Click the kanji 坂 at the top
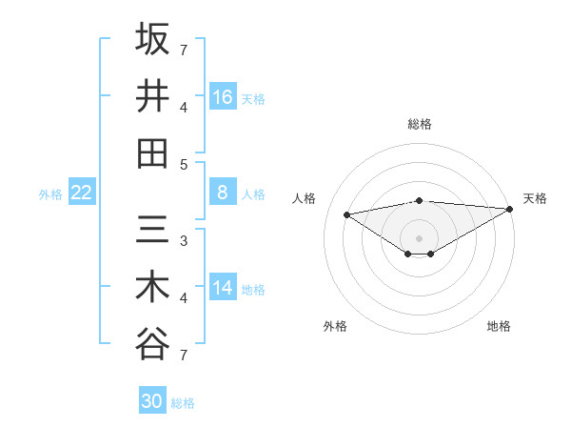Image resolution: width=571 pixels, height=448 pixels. coord(152,40)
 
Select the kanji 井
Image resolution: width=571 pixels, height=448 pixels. coord(152,96)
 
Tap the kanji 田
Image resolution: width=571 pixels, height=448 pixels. coord(152,153)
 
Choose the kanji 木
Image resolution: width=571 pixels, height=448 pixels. coord(152,287)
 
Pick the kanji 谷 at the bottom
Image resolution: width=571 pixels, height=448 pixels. coord(152,344)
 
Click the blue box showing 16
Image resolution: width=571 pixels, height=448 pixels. coord(223,97)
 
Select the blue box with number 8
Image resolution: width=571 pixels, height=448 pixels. coord(223,193)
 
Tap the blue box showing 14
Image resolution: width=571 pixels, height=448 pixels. coord(223,288)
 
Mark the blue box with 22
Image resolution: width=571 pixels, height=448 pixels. coord(82,193)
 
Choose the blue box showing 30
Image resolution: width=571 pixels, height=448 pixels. coord(152,401)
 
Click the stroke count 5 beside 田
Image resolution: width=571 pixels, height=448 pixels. coord(184,164)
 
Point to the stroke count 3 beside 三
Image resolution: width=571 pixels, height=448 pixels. coord(184,240)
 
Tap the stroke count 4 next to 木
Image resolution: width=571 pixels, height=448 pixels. coord(184,298)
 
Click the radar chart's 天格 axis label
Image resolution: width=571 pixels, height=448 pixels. coord(535,198)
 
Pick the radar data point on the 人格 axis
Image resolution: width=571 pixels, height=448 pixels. coord(347,214)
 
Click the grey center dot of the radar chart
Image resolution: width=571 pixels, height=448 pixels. coord(419,237)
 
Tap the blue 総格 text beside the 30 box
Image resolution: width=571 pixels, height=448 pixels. coord(183,403)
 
